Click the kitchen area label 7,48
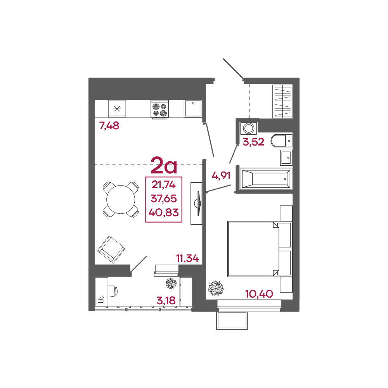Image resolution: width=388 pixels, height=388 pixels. (x=109, y=126)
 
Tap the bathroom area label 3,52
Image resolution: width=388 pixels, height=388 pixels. (x=253, y=142)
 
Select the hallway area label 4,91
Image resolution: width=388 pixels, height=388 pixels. (x=221, y=176)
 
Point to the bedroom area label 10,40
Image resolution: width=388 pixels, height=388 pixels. (x=259, y=294)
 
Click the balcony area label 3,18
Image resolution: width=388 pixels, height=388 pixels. (x=166, y=301)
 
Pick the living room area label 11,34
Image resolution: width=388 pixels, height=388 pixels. (x=187, y=258)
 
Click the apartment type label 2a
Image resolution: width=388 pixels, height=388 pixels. (x=164, y=165)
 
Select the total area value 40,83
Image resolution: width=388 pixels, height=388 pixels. (x=164, y=213)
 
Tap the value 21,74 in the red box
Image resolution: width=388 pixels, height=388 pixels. (x=164, y=185)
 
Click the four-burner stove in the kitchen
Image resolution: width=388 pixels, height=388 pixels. (x=160, y=110)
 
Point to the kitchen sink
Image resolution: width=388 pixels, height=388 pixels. (x=193, y=108)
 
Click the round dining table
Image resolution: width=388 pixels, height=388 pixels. (x=121, y=199)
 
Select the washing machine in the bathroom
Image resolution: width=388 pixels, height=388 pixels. (x=248, y=128)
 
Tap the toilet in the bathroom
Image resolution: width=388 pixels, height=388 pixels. (x=282, y=140)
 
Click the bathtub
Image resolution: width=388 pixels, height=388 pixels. (x=266, y=178)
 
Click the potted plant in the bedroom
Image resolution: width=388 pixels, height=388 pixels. (x=216, y=288)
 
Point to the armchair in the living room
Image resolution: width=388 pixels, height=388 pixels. (x=111, y=249)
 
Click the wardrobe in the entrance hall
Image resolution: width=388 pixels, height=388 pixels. (x=282, y=101)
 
